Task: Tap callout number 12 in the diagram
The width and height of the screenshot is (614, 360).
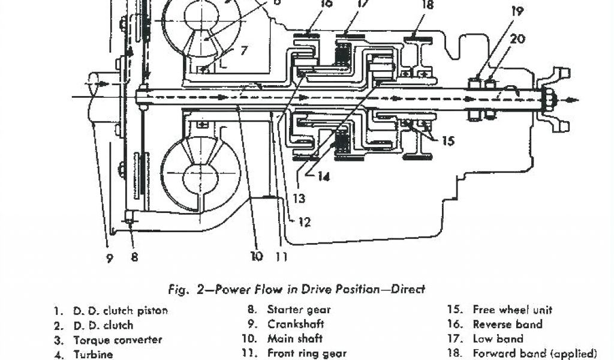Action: (304, 223)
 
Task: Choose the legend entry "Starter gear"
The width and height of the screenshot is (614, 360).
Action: (299, 310)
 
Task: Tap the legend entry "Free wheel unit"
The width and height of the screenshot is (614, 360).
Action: (512, 310)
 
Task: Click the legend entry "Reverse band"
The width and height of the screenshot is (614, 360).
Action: (507, 325)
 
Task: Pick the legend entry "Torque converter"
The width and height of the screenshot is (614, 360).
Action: (118, 340)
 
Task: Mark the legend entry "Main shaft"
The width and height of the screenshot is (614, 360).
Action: (294, 339)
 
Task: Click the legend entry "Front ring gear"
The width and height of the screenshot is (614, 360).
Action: (306, 353)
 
